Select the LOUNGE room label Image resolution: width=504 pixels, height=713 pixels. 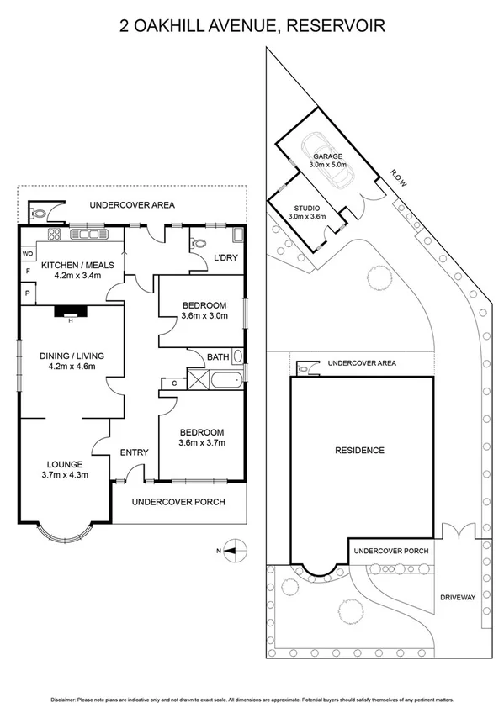[x=64, y=463]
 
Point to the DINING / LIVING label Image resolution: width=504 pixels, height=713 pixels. [x=72, y=356]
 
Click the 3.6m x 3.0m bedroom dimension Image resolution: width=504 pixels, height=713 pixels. [x=204, y=317]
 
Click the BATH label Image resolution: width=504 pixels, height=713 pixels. [x=218, y=357]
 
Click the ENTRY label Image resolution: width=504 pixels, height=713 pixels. [x=135, y=452]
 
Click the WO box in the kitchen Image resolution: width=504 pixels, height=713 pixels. [x=27, y=253]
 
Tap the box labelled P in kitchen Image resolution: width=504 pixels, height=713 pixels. [x=27, y=293]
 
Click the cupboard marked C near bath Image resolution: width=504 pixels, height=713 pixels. [x=174, y=383]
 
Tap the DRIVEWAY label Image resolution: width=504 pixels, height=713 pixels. [x=458, y=597]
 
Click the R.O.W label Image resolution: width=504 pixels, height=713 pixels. [x=397, y=176]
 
